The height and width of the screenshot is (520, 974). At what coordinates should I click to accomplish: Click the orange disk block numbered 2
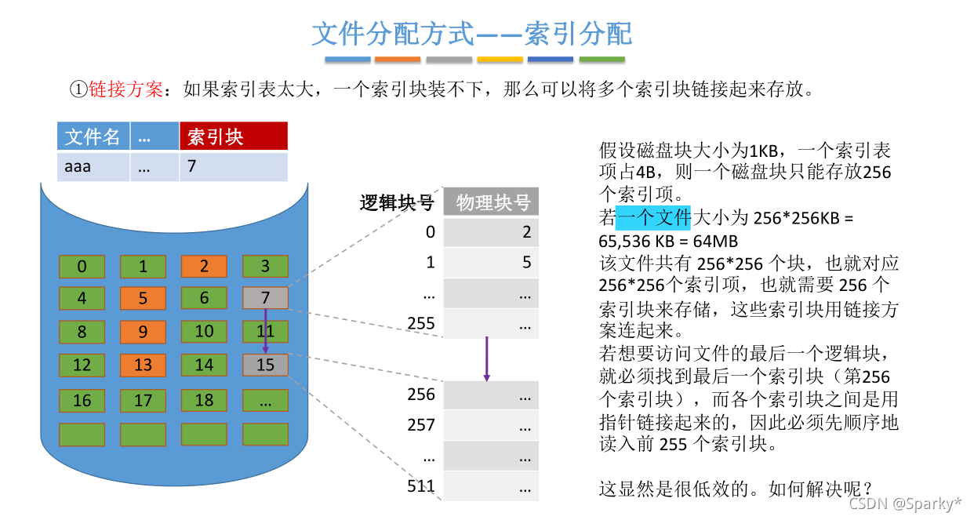coord(204,267)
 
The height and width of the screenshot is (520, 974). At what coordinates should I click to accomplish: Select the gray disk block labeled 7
coord(265,298)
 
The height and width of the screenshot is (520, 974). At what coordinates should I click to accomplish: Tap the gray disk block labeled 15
coord(265,365)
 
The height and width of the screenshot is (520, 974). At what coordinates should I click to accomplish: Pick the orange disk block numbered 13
coord(143,365)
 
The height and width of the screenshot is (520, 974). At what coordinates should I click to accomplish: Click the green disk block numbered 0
coord(82,267)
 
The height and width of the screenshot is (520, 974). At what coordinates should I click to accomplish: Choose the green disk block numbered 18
coord(204,401)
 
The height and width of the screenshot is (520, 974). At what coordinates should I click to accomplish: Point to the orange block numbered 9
coord(143,331)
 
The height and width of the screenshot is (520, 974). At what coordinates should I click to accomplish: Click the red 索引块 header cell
coord(234,136)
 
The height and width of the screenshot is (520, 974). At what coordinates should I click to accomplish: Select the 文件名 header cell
coord(93,136)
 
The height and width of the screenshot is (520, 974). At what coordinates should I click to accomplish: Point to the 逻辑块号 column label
coord(397,202)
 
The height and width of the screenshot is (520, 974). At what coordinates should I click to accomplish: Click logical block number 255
coord(421,323)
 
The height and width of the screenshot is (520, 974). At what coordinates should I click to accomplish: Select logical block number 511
coord(421,486)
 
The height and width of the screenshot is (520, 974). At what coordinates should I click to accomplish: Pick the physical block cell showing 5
coord(492,263)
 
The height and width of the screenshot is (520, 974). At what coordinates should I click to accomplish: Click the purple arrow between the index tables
coord(487,359)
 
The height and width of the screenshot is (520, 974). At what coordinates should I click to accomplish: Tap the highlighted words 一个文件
coord(652,216)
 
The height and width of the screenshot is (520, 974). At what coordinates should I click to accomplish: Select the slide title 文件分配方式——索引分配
coord(471,34)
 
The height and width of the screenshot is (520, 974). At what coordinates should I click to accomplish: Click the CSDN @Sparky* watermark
coord(905,504)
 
